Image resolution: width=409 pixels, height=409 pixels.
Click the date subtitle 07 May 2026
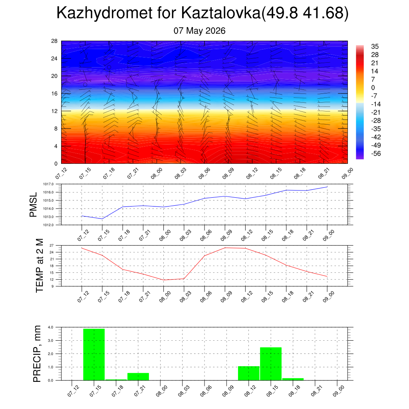point(200,31)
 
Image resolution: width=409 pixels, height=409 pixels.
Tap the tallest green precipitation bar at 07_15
point(94,355)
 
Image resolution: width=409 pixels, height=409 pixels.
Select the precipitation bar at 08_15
point(271,364)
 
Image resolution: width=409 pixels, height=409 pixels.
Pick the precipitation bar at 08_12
point(248,373)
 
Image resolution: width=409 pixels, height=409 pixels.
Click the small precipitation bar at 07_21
point(138,377)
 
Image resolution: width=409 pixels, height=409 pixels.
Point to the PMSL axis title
point(34,205)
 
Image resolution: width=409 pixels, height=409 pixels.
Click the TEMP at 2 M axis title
point(40,266)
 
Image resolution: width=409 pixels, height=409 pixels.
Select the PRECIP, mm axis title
point(37,354)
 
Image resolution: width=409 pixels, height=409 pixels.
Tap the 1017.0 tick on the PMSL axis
point(48,184)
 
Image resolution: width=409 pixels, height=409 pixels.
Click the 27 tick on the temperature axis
point(52,246)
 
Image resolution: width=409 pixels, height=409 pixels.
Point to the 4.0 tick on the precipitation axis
point(51,327)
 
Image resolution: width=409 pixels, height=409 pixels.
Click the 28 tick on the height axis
point(54,41)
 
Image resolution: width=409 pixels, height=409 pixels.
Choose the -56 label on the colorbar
point(376,154)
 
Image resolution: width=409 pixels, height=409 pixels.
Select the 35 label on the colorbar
point(375,46)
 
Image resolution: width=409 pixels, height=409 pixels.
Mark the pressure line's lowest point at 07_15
point(102,218)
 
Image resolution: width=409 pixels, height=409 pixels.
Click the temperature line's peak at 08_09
point(225,248)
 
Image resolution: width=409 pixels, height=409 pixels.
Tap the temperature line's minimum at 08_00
point(163,280)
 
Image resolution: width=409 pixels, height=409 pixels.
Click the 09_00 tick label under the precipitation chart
point(339,391)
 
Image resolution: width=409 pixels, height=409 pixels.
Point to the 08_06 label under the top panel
point(204,173)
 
